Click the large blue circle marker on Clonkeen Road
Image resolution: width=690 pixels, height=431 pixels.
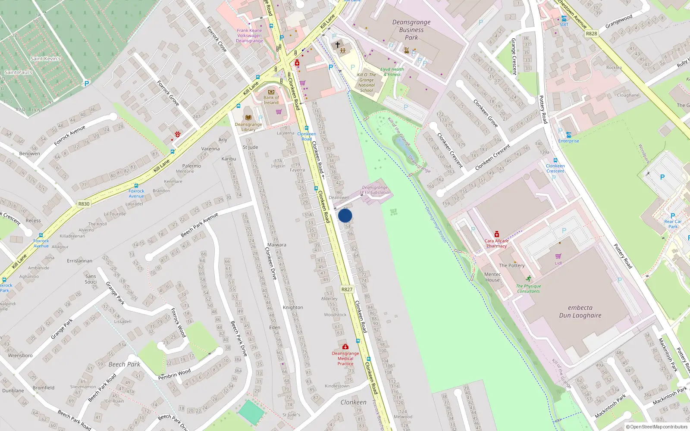click(x=345, y=215)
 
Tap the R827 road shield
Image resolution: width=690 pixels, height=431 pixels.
click(x=347, y=289)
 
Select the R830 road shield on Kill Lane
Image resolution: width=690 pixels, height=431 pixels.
click(x=84, y=204)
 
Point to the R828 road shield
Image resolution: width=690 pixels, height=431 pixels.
click(x=591, y=34)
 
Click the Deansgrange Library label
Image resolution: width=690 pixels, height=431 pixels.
click(x=248, y=127)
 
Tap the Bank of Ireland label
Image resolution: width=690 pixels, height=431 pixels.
click(x=271, y=100)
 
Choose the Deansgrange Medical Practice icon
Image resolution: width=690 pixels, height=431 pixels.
click(x=345, y=347)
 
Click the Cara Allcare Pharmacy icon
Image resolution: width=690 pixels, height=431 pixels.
click(x=496, y=234)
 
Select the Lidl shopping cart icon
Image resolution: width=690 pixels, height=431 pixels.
click(x=558, y=256)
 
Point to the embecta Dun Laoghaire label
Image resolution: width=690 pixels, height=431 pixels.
click(x=580, y=311)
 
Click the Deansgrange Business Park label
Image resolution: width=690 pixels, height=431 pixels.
click(x=411, y=30)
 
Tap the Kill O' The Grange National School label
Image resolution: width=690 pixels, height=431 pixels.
click(x=367, y=82)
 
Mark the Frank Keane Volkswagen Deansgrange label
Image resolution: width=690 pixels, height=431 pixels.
click(x=249, y=35)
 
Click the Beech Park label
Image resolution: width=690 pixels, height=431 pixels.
click(x=124, y=364)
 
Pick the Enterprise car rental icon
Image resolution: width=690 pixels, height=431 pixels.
click(x=568, y=134)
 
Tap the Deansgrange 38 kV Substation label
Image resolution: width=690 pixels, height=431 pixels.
click(x=375, y=190)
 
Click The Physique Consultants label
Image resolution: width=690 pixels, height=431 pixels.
click(x=528, y=288)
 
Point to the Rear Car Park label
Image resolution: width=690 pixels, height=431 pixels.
click(x=673, y=224)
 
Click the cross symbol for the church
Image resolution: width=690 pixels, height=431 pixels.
click(x=338, y=44)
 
